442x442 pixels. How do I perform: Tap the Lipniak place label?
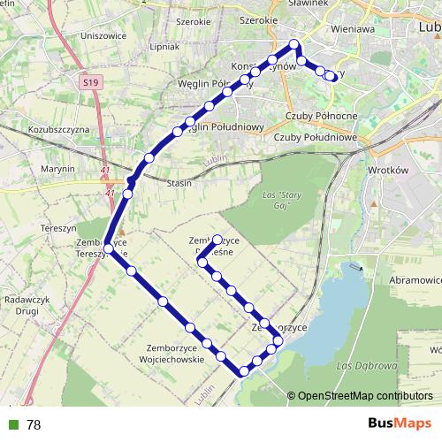click(x=165, y=45)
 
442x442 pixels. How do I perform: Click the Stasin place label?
click(x=179, y=184)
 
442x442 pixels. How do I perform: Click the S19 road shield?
click(x=88, y=82)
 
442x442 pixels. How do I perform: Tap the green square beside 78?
click(x=11, y=424)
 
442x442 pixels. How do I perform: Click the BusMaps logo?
click(x=399, y=423)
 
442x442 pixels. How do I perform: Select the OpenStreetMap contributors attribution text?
click(x=365, y=396)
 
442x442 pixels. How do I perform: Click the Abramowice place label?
click(x=415, y=279)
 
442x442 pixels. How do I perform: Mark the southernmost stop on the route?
click(x=243, y=370)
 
